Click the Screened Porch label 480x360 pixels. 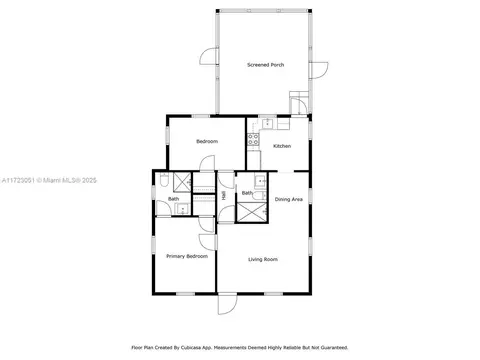pos(266,65)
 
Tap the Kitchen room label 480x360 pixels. pos(282,146)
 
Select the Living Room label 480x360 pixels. pos(263,259)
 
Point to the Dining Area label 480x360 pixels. pos(289,199)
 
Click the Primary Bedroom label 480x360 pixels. pos(187,256)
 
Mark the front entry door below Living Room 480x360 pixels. pos(227,302)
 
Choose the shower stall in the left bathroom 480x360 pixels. pos(181,181)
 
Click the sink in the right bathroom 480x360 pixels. pos(259,181)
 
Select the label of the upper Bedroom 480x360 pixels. pos(207,141)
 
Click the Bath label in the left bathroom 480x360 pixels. pos(174,198)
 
